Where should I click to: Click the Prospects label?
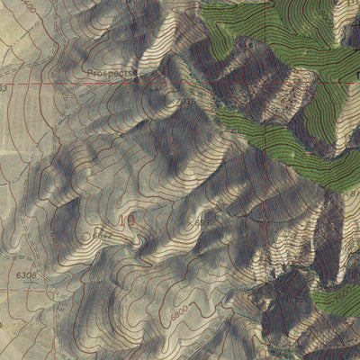click(x=112, y=72)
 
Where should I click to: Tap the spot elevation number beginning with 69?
click(x=206, y=220)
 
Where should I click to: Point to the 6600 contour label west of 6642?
click(x=56, y=238)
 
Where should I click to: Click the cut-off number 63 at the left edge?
click(x=3, y=88)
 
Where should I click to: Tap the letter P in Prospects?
click(x=91, y=72)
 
